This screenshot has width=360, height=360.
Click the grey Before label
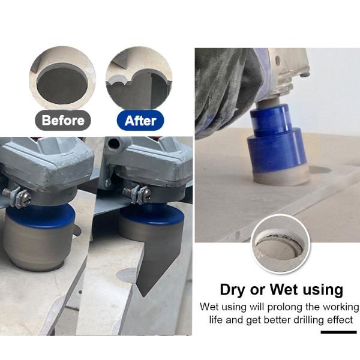[x=63, y=121]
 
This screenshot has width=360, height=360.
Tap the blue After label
[x=140, y=121]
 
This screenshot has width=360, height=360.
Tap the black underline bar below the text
[x=338, y=332]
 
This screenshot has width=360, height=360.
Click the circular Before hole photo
[x=62, y=77]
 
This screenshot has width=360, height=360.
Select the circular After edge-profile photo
[x=139, y=77]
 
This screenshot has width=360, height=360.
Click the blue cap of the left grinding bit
[x=40, y=215]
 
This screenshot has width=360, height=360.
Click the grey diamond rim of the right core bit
[x=281, y=176]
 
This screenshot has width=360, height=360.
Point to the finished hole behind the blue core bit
[x=320, y=170]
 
